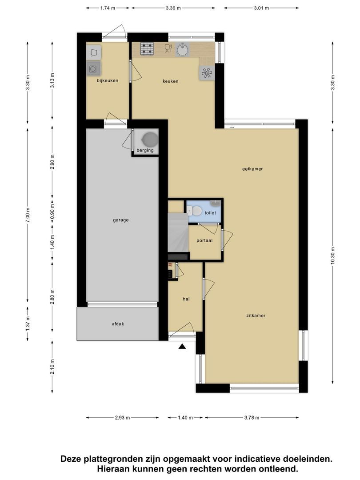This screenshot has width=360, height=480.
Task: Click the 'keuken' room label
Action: [x=170, y=81]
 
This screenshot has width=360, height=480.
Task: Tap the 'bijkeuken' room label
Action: [x=108, y=80]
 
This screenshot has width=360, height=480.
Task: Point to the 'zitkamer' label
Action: [x=256, y=316]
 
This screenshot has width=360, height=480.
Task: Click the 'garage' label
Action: [x=120, y=220]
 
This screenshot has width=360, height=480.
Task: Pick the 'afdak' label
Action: [x=118, y=324]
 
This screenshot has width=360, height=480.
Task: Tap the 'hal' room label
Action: [x=186, y=299]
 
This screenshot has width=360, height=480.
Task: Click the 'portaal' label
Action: [x=204, y=240]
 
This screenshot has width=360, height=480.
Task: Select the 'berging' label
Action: [x=145, y=150]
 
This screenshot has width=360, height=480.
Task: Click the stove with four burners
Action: [x=147, y=48]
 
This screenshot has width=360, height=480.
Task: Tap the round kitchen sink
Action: [x=182, y=49]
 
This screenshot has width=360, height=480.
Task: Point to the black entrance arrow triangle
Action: [x=182, y=347]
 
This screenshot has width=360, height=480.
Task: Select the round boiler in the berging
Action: [x=150, y=139]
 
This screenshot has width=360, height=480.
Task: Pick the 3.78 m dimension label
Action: [x=252, y=418]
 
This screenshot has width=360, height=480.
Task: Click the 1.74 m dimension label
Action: [x=108, y=8]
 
